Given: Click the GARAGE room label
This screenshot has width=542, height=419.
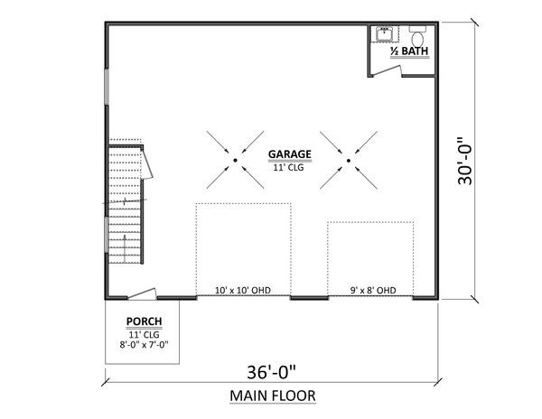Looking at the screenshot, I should [289, 154].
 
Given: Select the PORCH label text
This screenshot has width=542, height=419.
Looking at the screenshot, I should [144, 320].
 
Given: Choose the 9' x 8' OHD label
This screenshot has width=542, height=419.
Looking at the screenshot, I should [372, 291].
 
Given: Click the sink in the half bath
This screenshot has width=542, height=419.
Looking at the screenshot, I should [386, 33].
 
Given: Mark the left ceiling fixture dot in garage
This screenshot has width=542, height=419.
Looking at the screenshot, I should [235, 160].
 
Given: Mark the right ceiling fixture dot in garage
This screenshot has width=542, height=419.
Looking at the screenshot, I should [349, 160].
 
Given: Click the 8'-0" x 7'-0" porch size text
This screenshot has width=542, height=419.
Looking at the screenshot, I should [144, 342].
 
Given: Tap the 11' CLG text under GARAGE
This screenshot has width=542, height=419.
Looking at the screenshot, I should [289, 166].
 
